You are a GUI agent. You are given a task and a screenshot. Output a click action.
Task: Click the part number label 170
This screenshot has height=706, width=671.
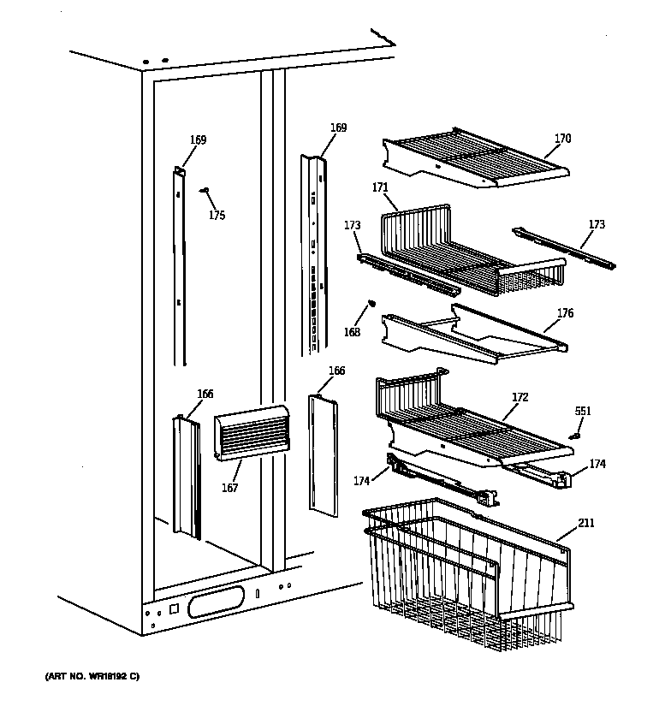[x=562, y=139]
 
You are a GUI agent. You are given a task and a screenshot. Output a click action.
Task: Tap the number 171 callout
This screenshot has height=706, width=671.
[x=380, y=187]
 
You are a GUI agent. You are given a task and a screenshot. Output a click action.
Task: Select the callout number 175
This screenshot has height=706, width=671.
[x=217, y=216]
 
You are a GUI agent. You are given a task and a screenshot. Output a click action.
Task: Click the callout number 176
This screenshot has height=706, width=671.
[x=565, y=313]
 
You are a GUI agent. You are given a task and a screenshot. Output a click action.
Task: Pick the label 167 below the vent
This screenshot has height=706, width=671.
[x=229, y=488]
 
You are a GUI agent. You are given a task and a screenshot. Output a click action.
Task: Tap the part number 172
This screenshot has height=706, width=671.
[x=520, y=398]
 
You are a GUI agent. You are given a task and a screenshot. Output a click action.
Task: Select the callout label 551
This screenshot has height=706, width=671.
[x=582, y=412]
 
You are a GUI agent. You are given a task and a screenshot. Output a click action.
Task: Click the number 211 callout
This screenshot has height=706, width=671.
[x=586, y=523]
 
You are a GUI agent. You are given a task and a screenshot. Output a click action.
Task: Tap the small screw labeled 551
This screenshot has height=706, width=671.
[x=575, y=434]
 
